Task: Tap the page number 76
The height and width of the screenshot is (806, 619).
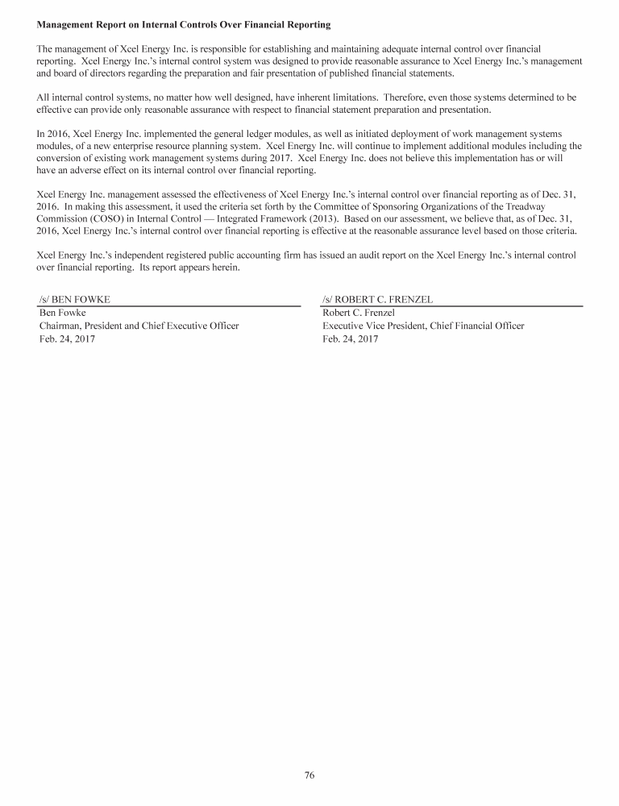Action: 309,775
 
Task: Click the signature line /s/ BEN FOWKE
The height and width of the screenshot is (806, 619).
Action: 75,299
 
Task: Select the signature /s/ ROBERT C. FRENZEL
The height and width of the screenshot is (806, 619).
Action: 377,299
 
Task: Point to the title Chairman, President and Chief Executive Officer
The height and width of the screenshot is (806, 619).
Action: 139,326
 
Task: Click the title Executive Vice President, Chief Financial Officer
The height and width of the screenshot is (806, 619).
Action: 423,326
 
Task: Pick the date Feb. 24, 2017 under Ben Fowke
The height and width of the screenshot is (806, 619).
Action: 67,339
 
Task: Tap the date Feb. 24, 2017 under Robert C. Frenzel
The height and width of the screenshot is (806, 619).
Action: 350,339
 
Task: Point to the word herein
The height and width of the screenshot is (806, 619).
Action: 220,268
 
